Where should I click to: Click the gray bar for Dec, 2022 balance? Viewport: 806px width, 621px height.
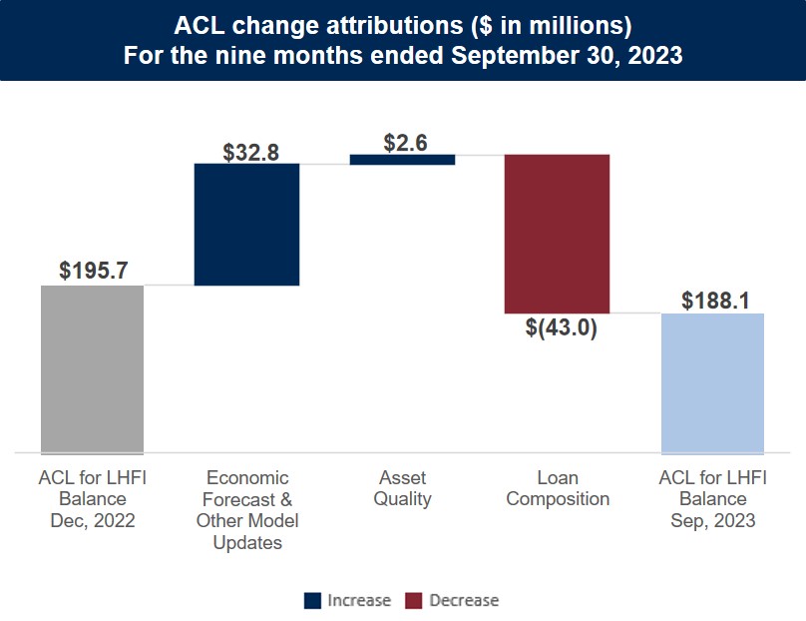click(92, 369)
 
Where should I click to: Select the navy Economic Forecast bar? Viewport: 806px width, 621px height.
click(246, 225)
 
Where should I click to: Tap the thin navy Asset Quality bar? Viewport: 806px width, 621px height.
click(402, 159)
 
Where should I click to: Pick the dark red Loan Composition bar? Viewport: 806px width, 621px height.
click(557, 234)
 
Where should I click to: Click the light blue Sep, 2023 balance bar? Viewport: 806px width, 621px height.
click(712, 383)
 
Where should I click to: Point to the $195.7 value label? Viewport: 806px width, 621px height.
click(93, 271)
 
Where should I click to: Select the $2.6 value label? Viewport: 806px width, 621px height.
click(405, 143)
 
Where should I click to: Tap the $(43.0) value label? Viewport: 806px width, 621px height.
click(561, 327)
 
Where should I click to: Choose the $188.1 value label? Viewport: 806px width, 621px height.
click(715, 301)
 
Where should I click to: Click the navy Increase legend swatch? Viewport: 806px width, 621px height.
click(313, 600)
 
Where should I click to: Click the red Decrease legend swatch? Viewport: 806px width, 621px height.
click(415, 600)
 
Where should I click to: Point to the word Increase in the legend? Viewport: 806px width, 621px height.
click(359, 600)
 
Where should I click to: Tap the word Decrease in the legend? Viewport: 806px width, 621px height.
click(464, 600)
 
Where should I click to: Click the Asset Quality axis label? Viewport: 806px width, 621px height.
click(402, 488)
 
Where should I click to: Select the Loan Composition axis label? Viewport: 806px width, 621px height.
click(558, 488)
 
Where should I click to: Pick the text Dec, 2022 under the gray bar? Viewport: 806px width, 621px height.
click(92, 520)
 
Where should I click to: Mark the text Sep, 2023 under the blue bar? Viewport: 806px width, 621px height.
click(712, 520)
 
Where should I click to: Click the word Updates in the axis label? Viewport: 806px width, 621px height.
click(247, 543)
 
